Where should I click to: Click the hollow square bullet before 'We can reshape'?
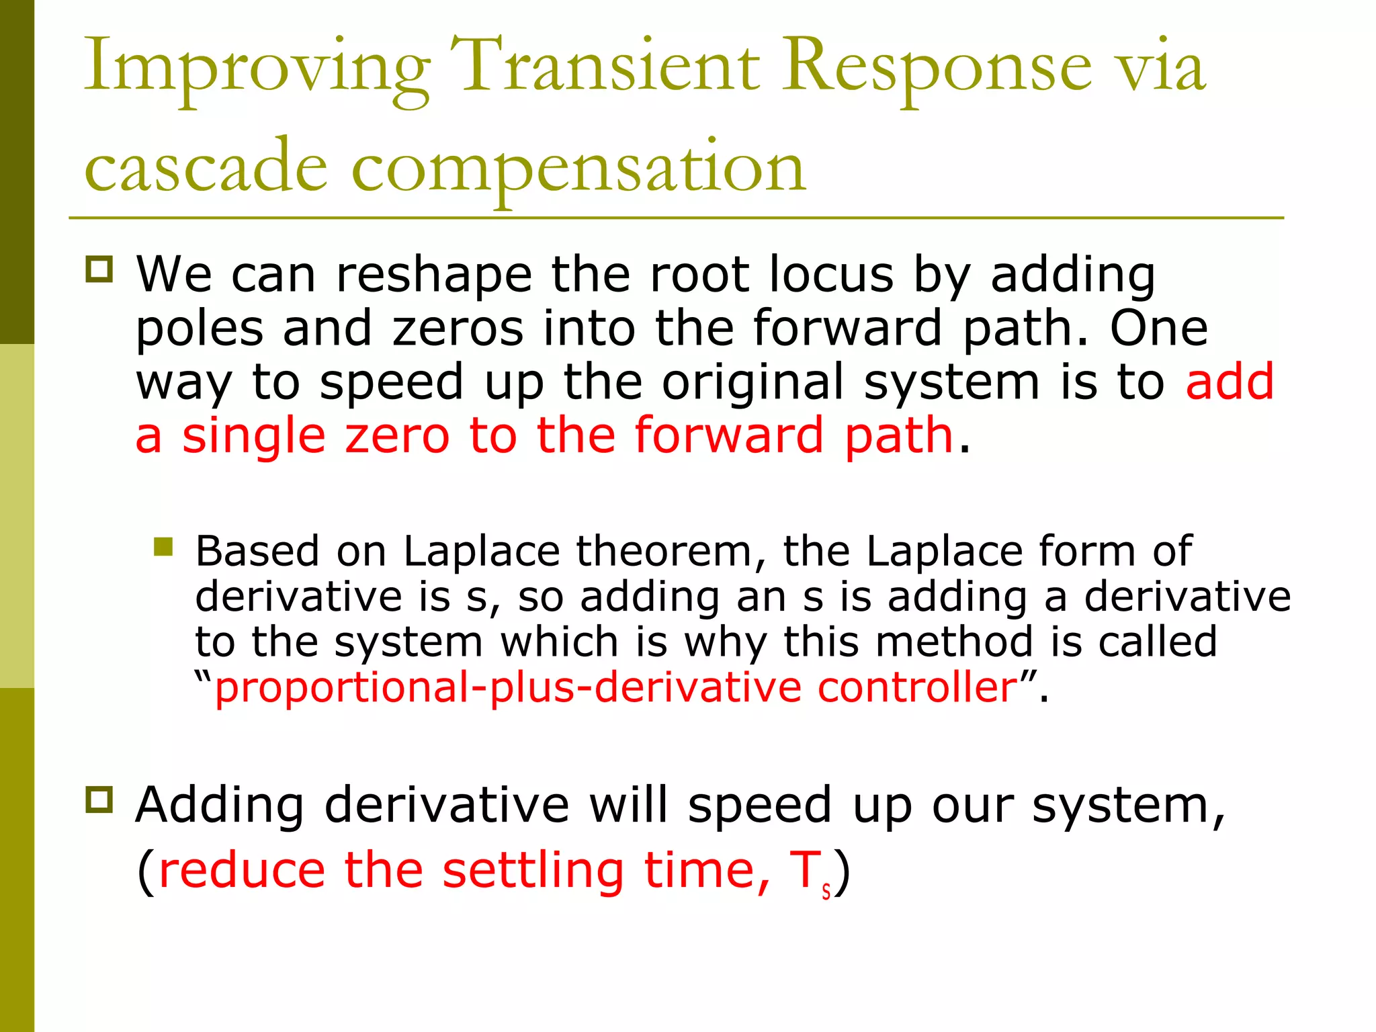[99, 269]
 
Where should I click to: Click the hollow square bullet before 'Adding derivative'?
[99, 800]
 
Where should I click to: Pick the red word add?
[1229, 382]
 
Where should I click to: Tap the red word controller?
[918, 687]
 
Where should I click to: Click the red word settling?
[533, 870]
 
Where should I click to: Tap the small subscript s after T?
[826, 892]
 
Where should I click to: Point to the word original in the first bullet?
[752, 382]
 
